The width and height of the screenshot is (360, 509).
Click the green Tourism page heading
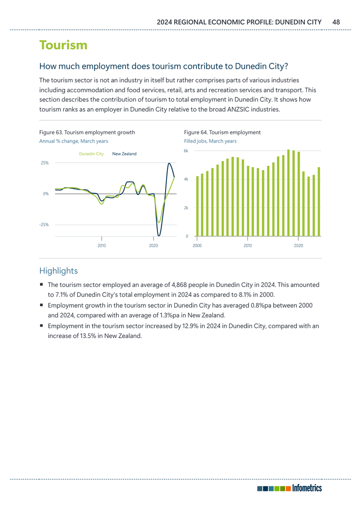point(63,45)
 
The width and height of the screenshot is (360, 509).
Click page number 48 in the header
point(336,22)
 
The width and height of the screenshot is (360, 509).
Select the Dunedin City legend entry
point(91,153)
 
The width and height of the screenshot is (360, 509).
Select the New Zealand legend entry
point(124,153)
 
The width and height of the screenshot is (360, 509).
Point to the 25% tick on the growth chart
point(44,163)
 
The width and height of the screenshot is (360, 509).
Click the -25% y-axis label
point(43,225)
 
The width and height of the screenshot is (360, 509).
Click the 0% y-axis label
point(45,194)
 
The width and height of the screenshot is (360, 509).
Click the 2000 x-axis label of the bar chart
point(197,246)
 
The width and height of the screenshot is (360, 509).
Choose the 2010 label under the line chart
point(101,246)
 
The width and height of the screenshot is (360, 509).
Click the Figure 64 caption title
point(222,132)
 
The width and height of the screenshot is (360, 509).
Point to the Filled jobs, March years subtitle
point(210,141)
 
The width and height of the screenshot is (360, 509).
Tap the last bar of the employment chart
point(319,202)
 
